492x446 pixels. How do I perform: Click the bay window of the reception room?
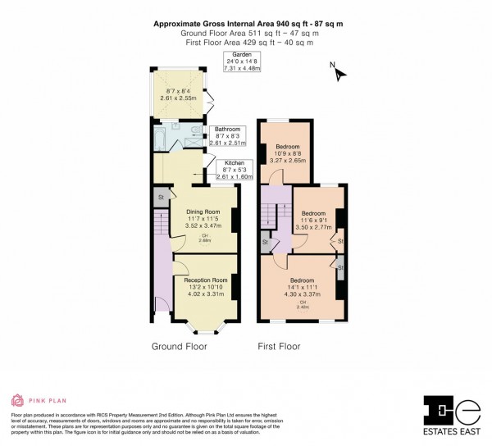click(200, 327)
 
